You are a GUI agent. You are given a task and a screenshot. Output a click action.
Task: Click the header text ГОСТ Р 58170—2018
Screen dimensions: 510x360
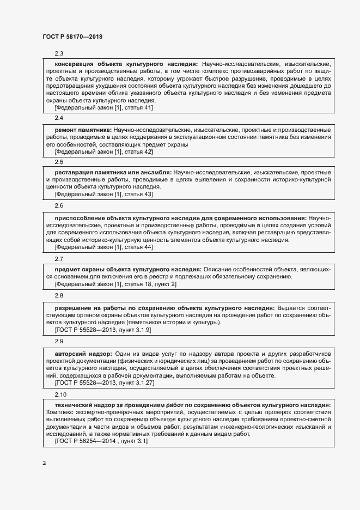point(72,37)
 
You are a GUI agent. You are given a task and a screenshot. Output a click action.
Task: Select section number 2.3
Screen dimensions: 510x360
point(59,53)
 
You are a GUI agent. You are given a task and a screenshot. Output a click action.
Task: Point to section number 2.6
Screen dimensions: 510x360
point(59,206)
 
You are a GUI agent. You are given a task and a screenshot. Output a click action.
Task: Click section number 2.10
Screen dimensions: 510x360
point(60,394)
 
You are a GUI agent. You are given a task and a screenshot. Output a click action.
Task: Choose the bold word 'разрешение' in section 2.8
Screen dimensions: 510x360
point(73,308)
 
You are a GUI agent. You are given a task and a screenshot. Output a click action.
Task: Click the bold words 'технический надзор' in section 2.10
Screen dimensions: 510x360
point(86,405)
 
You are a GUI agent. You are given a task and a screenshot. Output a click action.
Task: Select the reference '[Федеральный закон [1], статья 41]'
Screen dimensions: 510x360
point(104,107)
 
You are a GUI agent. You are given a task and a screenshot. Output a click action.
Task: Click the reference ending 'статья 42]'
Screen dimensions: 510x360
point(104,152)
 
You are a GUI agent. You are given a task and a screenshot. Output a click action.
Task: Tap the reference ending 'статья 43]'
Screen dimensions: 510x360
point(104,195)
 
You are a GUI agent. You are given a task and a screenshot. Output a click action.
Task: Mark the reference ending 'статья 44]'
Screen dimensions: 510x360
point(104,247)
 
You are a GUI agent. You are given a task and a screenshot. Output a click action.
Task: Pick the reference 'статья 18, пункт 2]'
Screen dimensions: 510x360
point(115,284)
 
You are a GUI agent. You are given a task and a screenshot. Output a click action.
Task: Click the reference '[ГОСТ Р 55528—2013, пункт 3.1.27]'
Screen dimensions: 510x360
point(105,383)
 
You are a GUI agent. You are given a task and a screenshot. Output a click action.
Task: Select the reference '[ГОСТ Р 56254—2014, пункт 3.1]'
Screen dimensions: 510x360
point(101,441)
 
